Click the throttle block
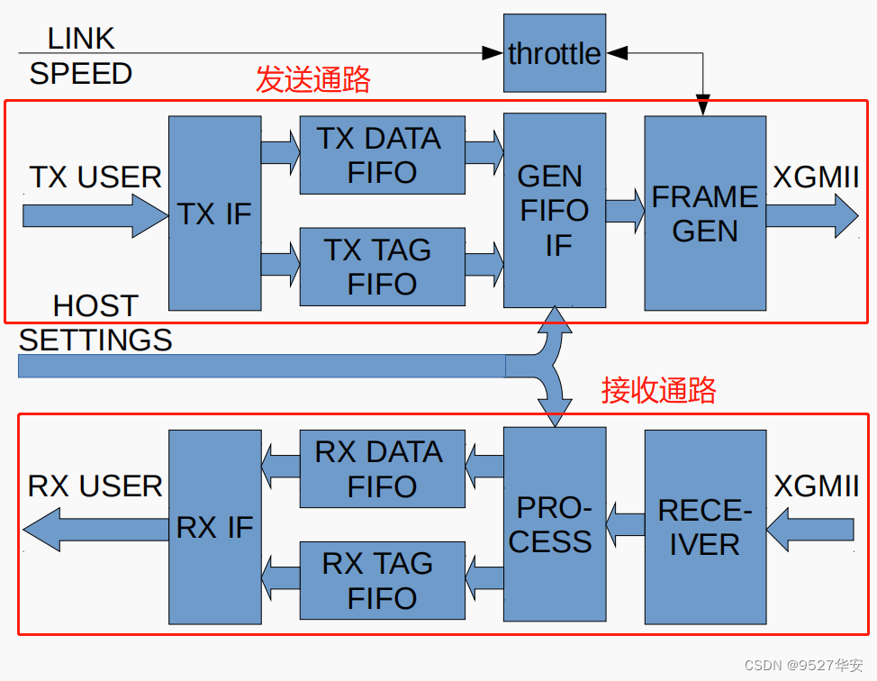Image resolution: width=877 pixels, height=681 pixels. [554, 53]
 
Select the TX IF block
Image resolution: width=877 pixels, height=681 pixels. [214, 213]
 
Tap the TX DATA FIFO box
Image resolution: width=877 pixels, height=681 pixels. [382, 155]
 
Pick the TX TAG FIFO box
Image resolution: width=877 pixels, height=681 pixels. [382, 267]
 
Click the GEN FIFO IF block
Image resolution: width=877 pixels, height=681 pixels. [554, 210]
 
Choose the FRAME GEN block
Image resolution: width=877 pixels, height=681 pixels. [705, 213]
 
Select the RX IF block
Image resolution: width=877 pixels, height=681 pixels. [214, 527]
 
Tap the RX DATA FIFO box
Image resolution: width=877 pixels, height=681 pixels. [382, 468]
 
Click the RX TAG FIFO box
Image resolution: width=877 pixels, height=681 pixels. [382, 580]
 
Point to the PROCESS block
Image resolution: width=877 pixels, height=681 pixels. [554, 524]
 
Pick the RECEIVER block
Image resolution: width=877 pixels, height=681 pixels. [705, 527]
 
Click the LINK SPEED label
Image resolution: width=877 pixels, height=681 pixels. [81, 56]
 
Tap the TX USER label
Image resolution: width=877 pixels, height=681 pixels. [95, 177]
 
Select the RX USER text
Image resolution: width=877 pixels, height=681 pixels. [95, 486]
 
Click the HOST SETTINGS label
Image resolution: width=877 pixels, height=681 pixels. [95, 322]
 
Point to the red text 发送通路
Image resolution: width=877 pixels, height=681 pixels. [313, 80]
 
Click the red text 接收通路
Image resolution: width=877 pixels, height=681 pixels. [659, 390]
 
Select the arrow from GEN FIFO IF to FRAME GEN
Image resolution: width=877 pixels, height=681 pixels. [625, 211]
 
